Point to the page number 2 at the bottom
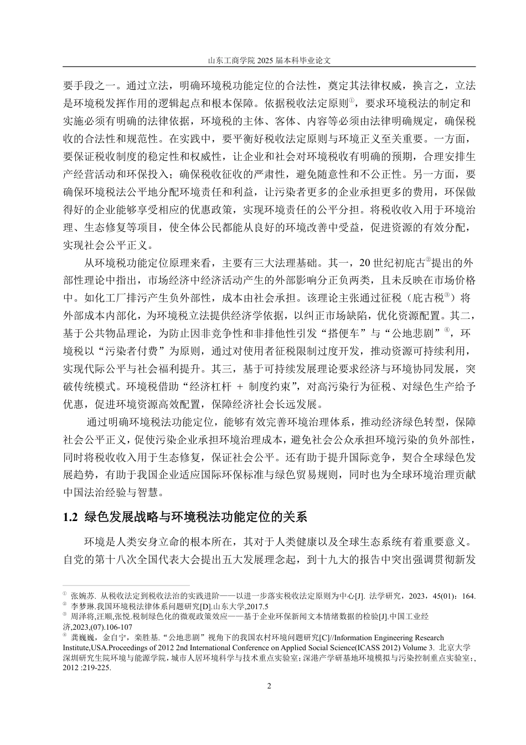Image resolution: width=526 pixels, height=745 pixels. (x=269, y=686)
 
